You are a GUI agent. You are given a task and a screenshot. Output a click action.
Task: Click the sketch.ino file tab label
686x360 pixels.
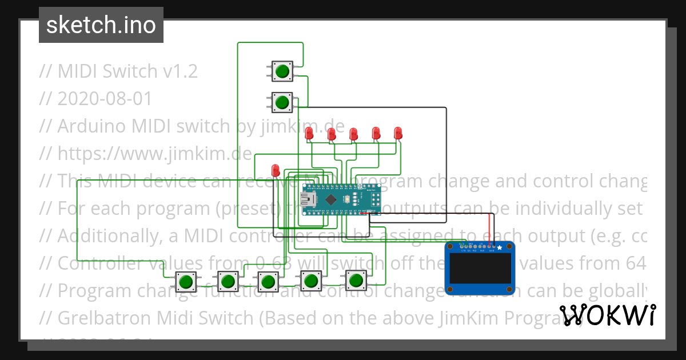101,25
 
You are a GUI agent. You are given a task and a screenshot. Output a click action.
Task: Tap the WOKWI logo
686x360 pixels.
607,315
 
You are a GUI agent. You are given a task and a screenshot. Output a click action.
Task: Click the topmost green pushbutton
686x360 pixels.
281,71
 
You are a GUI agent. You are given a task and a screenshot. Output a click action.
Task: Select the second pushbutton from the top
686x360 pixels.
281,103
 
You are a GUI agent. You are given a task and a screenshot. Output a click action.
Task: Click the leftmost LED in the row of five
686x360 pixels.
309,134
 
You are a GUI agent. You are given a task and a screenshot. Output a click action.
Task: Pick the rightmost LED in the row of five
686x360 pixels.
398,134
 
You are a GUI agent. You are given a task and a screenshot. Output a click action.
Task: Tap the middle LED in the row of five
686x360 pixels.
354,134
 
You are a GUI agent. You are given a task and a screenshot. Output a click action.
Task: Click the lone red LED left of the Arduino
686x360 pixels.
276,170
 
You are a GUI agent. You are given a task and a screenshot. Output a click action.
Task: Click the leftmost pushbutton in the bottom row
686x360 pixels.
185,282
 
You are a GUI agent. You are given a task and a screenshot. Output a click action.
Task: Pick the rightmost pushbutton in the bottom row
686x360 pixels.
356,281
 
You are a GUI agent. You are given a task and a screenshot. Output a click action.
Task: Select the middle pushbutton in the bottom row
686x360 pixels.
267,282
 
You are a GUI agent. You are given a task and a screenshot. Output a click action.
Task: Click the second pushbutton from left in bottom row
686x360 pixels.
228,281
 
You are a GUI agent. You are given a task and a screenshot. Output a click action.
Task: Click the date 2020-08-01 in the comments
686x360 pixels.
105,99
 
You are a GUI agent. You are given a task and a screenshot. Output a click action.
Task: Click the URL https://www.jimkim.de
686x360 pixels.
154,154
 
